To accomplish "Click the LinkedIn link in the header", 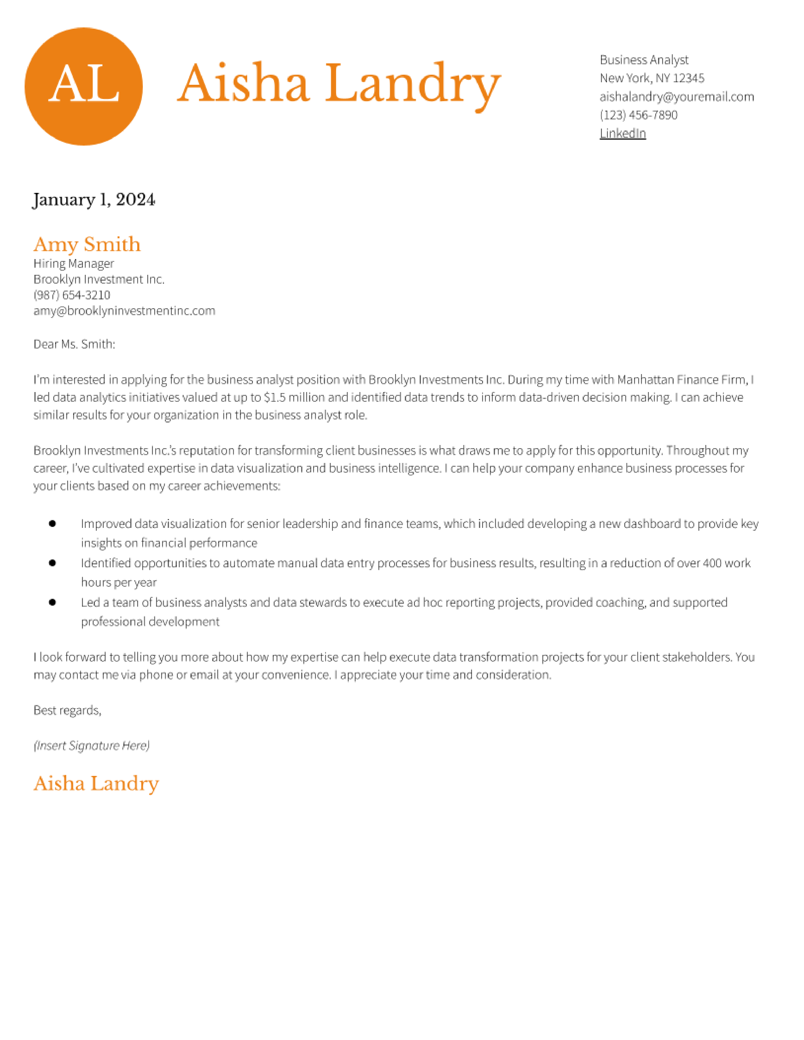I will click(x=622, y=133).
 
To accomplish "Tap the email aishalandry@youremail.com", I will click(x=676, y=97).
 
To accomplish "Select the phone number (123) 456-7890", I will click(x=638, y=115).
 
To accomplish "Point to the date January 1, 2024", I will click(x=94, y=199).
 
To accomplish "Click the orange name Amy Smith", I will click(x=87, y=244).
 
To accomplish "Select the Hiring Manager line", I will click(x=73, y=263).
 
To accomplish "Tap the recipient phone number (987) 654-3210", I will click(x=72, y=295).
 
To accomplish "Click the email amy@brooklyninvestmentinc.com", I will click(x=124, y=310).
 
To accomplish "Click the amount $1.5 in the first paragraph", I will click(x=274, y=397).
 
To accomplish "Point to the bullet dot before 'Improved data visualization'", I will click(x=52, y=523).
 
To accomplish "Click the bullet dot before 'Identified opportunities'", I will click(x=52, y=563).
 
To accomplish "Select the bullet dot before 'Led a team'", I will click(x=52, y=602).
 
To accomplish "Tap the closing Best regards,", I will click(x=67, y=710).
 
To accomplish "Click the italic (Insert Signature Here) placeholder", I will click(x=91, y=745).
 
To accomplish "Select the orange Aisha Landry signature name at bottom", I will click(x=96, y=783).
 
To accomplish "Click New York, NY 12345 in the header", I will click(x=652, y=78).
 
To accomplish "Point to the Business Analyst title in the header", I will click(x=644, y=60).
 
